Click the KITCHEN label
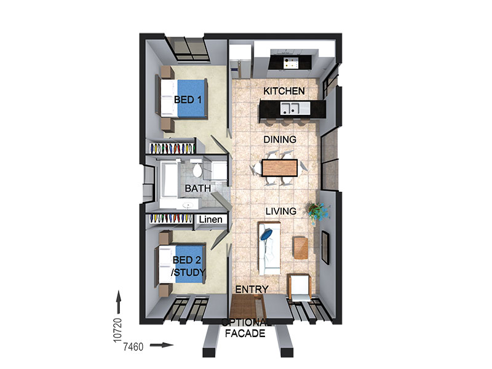pos(284,91)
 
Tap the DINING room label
pos(280,140)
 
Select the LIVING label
pos(281,211)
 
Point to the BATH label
pos(197,188)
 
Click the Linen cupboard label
pos(210,220)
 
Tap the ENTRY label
pos(252,289)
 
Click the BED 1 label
pos(188,100)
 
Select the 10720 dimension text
pos(117,330)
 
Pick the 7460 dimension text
pos(133,347)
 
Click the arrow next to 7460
pos(162,346)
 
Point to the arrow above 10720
pos(119,302)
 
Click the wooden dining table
pos(280,168)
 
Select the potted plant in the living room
pos(317,212)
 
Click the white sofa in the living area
pos(269,248)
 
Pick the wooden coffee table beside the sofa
pos(300,248)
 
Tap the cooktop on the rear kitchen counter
pos(291,63)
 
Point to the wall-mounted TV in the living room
pos(326,247)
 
